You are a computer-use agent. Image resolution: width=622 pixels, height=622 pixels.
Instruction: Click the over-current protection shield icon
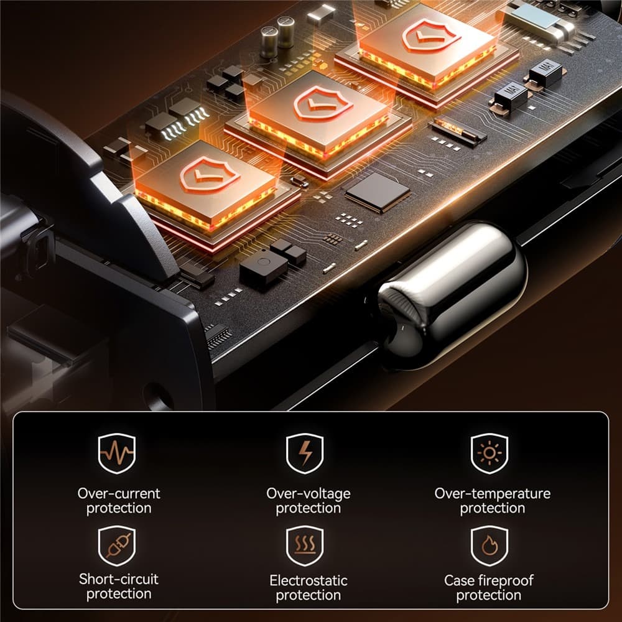point(117,453)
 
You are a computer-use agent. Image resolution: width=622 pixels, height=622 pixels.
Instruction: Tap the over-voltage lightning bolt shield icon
point(305,453)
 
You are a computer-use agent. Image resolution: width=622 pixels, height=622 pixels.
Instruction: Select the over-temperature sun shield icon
point(489,453)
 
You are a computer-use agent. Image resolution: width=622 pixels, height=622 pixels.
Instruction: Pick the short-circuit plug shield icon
point(117,545)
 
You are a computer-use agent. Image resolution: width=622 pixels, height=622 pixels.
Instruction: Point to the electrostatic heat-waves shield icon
point(305,545)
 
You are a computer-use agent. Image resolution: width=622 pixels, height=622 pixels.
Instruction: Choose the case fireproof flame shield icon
point(489,545)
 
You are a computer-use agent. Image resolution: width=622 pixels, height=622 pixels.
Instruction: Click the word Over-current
point(119,493)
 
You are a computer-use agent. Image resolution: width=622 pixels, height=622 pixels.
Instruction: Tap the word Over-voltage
point(309,494)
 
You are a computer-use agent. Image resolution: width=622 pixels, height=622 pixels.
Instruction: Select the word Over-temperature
point(492,494)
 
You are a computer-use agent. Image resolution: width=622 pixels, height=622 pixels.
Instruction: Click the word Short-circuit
point(119,579)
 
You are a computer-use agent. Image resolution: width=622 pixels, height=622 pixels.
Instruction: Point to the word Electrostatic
point(309,580)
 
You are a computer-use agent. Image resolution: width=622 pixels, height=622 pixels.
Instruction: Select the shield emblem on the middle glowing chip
point(323,103)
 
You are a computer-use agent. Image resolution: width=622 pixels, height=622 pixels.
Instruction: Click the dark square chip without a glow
point(378,193)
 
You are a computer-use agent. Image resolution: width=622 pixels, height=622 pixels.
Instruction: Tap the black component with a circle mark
point(263,267)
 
